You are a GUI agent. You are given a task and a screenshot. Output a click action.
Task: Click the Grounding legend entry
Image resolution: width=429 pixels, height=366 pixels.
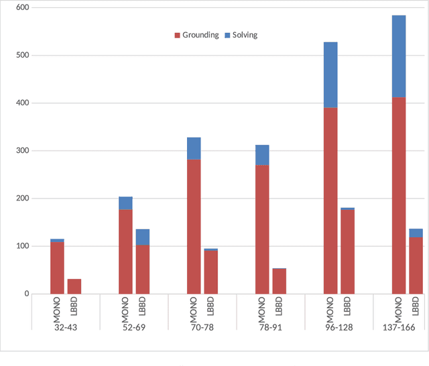click(x=200, y=35)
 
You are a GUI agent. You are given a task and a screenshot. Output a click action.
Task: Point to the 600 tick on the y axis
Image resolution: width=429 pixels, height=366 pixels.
click(x=21, y=7)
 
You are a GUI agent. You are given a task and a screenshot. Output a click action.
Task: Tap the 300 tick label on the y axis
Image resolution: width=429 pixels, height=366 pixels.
click(x=21, y=151)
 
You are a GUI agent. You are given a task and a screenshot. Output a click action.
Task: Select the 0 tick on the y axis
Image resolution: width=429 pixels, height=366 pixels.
click(x=26, y=294)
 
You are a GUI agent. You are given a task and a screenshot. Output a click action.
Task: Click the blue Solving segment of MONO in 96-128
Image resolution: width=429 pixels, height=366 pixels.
click(x=330, y=74)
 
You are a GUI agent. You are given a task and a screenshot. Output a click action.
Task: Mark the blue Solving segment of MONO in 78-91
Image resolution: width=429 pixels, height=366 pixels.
click(x=262, y=155)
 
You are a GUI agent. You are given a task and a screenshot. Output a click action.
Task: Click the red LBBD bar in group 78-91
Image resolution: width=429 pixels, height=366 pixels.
click(x=279, y=282)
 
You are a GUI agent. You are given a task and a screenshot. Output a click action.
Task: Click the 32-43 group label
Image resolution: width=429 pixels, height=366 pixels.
click(x=66, y=321)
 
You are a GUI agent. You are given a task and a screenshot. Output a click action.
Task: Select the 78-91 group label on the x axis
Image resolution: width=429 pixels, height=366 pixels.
click(x=270, y=321)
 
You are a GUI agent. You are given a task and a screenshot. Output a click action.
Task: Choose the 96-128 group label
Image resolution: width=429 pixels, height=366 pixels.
click(x=339, y=321)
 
